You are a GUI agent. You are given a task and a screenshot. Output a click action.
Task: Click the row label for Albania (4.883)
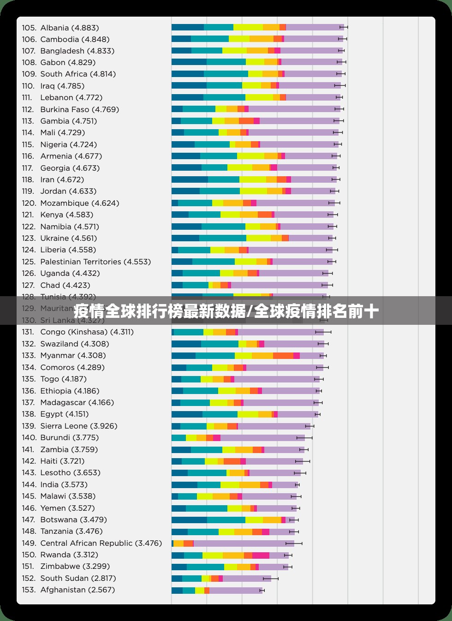click(x=69, y=28)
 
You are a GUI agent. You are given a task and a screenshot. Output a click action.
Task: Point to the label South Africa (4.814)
click(x=78, y=74)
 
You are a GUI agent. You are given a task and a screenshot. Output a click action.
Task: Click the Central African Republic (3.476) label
click(x=101, y=543)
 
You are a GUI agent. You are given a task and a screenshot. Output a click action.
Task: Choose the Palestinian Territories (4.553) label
click(x=95, y=262)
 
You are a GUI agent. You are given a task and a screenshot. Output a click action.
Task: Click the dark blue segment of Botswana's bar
click(x=189, y=520)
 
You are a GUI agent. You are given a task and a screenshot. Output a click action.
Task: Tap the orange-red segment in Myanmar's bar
click(x=283, y=356)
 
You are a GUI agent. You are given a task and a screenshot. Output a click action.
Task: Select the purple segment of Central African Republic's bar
click(x=244, y=543)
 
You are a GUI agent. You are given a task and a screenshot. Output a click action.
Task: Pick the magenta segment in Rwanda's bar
click(x=261, y=555)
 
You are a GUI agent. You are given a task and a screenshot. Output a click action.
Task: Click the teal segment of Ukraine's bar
click(x=223, y=238)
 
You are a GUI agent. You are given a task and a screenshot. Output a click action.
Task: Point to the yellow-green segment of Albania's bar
click(x=248, y=28)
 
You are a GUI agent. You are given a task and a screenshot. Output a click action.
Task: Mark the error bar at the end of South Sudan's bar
click(x=271, y=579)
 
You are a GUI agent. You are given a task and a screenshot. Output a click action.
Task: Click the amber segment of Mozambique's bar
click(x=233, y=203)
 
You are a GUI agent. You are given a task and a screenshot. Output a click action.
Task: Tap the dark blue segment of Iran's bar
click(x=190, y=179)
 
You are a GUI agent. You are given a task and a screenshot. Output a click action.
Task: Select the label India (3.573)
click(x=64, y=484)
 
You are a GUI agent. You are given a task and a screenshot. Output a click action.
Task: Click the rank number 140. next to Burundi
click(x=29, y=437)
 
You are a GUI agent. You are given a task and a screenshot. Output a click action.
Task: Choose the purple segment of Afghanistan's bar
click(x=235, y=591)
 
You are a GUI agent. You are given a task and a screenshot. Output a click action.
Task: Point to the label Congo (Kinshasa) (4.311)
click(x=87, y=332)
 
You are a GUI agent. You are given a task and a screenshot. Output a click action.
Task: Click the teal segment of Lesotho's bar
click(x=207, y=473)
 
